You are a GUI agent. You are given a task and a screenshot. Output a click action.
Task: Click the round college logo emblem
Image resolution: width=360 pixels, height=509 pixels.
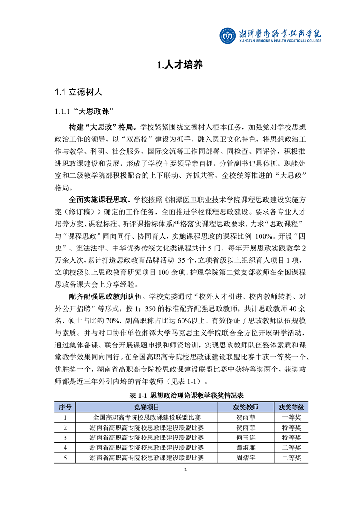pos(227,35)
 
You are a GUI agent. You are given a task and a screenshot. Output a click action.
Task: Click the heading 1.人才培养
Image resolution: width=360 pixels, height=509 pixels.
pos(180,65)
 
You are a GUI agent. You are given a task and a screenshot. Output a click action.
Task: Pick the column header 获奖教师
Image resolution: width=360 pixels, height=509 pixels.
pos(246,407)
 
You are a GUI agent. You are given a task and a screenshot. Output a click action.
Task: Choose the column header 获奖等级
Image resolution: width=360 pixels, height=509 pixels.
pos(291,407)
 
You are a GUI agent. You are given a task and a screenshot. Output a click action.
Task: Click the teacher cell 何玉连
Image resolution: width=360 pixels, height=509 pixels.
pos(246,437)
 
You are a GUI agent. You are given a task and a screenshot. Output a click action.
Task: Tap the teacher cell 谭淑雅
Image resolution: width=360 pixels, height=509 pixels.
pos(246,448)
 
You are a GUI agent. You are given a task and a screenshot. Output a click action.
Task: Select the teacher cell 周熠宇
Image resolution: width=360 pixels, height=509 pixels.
pos(246,458)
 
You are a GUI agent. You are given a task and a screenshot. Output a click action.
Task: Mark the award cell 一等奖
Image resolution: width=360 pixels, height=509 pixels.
pos(291,417)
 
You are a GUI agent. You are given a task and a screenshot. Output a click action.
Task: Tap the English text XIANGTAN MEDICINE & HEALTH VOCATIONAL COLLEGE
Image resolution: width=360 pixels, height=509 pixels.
pos(280,41)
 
